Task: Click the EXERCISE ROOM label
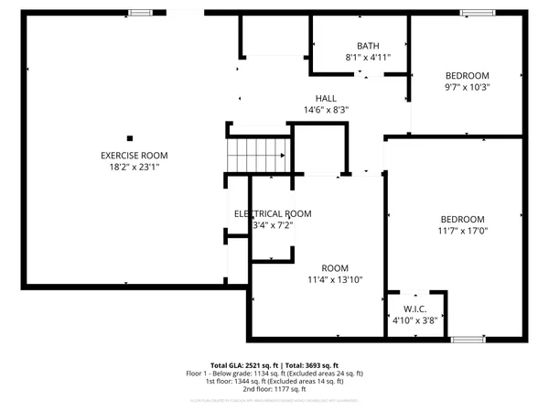click(x=134, y=156)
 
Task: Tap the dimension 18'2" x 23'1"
click(x=134, y=168)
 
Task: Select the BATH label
click(x=368, y=46)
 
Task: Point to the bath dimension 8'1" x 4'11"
click(x=368, y=58)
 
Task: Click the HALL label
click(x=326, y=98)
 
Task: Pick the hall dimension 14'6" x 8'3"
click(x=326, y=110)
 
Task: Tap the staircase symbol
click(x=258, y=153)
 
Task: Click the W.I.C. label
click(x=415, y=309)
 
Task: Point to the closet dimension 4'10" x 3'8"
click(x=415, y=320)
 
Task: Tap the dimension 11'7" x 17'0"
click(x=462, y=232)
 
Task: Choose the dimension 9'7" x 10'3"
click(x=467, y=88)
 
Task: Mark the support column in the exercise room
click(x=129, y=138)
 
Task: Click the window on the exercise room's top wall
click(x=140, y=13)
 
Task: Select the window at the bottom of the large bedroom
click(x=468, y=339)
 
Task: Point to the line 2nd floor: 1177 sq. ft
click(x=274, y=391)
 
